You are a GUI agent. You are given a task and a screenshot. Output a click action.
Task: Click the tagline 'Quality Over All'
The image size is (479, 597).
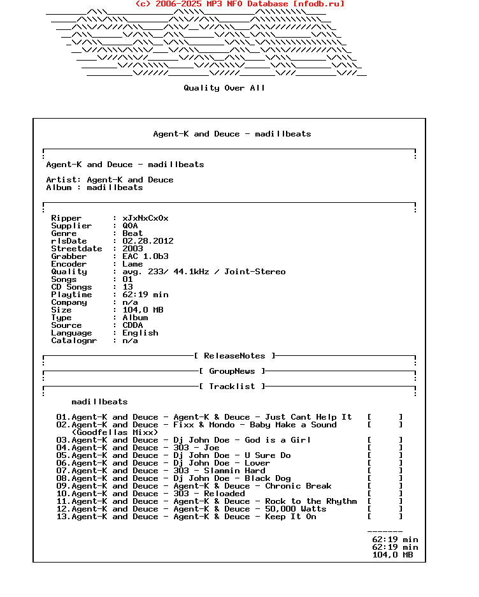click(224, 88)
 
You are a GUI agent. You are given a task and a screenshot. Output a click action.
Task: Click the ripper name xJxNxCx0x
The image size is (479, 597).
click(145, 218)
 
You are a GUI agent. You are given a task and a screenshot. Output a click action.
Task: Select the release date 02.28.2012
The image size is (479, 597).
click(148, 241)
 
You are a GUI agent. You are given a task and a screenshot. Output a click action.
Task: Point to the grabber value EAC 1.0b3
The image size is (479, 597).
click(145, 256)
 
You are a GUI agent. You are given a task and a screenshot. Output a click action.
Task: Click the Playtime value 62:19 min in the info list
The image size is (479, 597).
click(145, 295)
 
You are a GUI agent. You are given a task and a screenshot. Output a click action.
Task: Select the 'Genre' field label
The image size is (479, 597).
click(64, 233)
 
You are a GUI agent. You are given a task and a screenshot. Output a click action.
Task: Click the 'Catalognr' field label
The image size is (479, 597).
click(74, 341)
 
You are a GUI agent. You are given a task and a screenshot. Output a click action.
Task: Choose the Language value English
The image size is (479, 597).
click(140, 333)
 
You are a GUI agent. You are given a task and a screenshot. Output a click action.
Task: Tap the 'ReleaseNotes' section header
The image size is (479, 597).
click(234, 356)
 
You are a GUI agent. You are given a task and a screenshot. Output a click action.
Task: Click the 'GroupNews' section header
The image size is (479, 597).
click(232, 371)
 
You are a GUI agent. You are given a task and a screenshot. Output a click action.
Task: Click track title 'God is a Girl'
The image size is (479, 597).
click(278, 440)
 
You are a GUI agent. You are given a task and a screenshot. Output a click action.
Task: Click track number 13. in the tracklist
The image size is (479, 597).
click(63, 517)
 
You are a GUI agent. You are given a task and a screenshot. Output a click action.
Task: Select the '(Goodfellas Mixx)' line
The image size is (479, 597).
click(115, 432)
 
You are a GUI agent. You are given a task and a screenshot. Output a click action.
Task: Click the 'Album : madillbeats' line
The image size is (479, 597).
click(94, 188)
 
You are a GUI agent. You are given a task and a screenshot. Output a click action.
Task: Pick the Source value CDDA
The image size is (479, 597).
click(132, 325)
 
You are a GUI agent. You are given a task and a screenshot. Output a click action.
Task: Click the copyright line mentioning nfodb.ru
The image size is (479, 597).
click(240, 4)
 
